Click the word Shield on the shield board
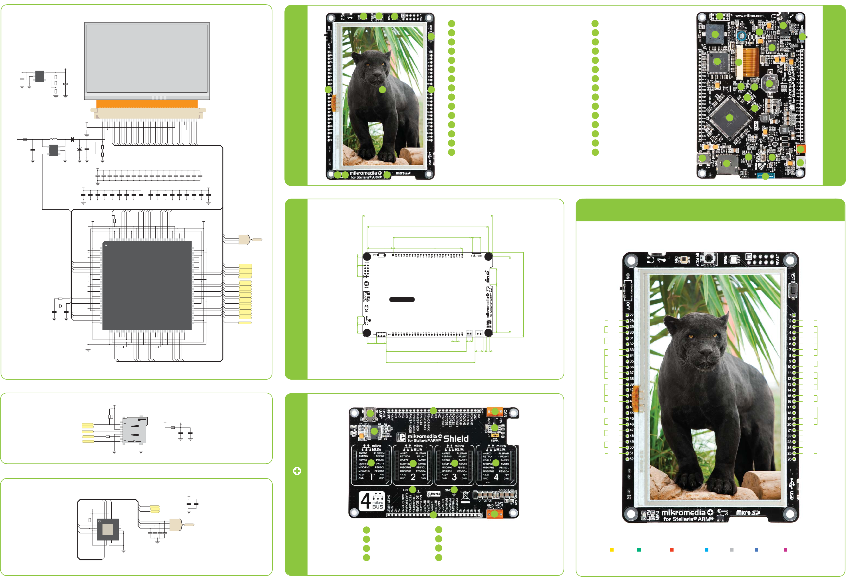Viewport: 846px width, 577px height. [456, 438]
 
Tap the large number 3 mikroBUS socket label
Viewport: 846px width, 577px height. [454, 477]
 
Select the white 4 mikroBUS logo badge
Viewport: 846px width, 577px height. [372, 501]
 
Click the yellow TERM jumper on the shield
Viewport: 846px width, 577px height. [494, 435]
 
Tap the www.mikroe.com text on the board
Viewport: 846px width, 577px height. [749, 16]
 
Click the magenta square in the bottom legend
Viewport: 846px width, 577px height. [785, 550]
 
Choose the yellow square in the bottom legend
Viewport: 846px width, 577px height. [612, 550]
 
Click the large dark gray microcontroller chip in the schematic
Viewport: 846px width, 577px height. [147, 285]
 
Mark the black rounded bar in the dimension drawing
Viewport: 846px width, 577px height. [402, 299]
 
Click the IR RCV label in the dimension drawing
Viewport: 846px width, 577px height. [366, 300]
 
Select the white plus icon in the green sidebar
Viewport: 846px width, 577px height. [297, 471]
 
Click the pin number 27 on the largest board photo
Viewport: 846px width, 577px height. [632, 315]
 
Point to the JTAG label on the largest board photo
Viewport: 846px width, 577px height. [777, 259]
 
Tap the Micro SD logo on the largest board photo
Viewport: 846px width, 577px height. [748, 512]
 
